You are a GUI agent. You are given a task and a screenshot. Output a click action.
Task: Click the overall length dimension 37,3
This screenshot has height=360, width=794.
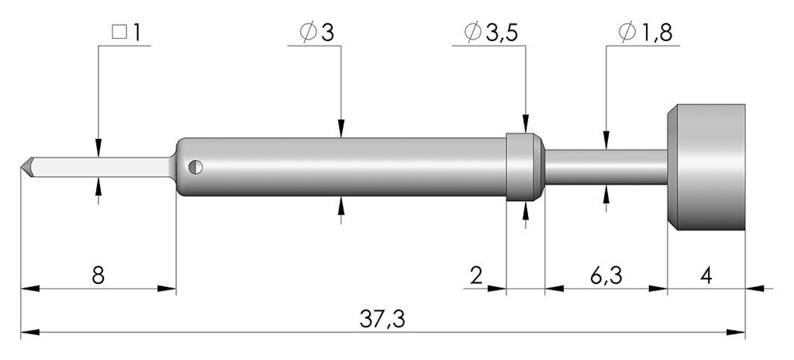[382, 319]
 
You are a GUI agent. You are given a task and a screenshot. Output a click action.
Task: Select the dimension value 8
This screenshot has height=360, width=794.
[98, 276]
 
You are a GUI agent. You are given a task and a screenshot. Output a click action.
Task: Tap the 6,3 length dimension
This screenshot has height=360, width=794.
[606, 276]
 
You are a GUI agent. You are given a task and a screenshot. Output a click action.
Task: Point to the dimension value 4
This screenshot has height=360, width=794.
[707, 276]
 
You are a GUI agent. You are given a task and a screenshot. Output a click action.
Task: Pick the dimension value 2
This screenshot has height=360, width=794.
[476, 276]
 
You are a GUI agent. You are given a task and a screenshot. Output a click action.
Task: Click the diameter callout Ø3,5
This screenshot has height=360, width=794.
[491, 33]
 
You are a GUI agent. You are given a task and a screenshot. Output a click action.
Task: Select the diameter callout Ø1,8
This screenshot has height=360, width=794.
[645, 33]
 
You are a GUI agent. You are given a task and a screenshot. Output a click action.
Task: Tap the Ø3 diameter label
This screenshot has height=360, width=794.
[317, 33]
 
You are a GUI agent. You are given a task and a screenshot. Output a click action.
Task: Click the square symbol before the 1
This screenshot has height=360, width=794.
[119, 33]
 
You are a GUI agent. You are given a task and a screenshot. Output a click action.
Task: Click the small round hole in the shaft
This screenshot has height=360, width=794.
[195, 167]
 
